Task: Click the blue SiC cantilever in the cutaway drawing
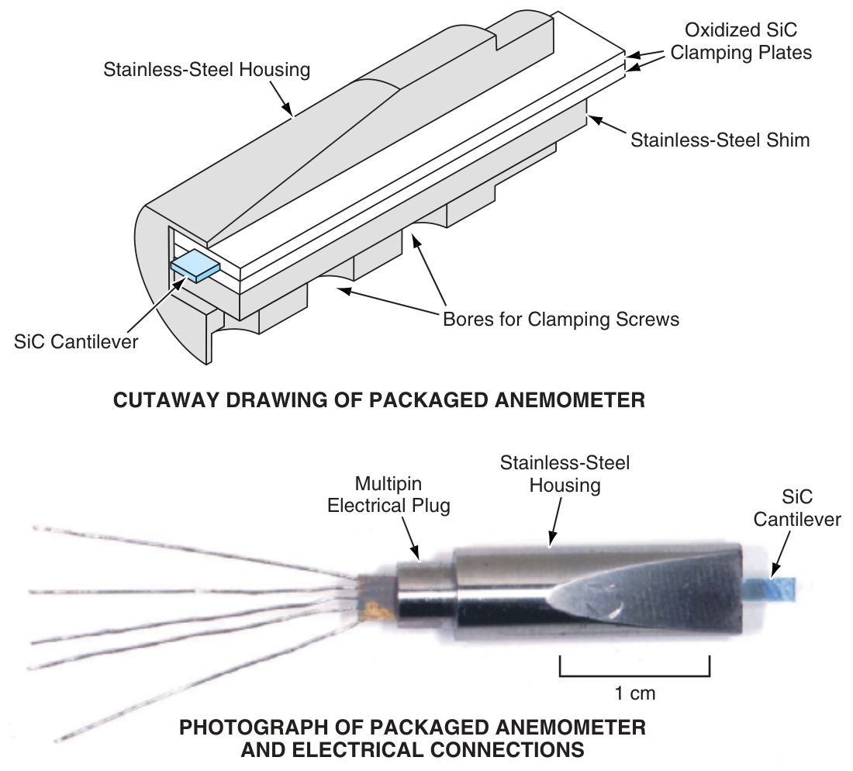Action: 195,268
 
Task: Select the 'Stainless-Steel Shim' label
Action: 720,140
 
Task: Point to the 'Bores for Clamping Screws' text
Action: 561,319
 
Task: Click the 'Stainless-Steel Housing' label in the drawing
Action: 207,70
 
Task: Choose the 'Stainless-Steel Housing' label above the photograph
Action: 565,474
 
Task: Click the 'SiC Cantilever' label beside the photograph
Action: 796,507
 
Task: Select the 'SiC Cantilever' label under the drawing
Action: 75,341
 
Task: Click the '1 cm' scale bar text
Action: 634,693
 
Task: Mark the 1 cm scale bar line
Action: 634,675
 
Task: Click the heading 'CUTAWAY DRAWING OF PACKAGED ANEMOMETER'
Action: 378,400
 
